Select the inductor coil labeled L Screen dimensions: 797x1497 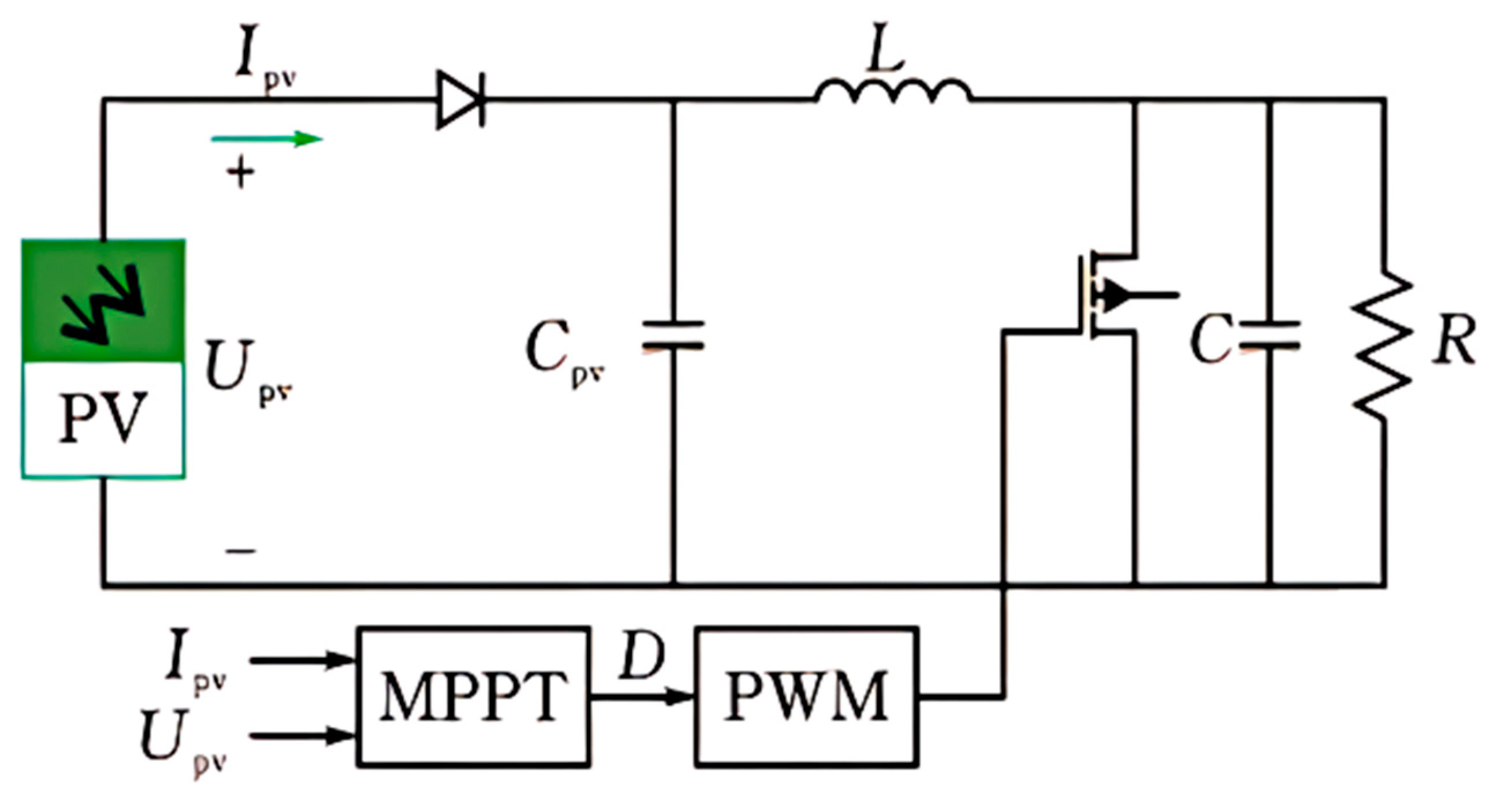[x=892, y=93]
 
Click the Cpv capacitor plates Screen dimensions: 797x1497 [x=673, y=336]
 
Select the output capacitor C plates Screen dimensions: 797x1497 [x=1269, y=336]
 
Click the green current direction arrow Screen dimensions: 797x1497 [x=267, y=140]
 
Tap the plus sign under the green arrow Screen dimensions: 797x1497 [x=241, y=172]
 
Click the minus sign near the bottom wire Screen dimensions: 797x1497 [x=241, y=550]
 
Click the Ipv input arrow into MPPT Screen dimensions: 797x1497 [x=302, y=659]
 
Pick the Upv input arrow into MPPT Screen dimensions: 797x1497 [x=302, y=736]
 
